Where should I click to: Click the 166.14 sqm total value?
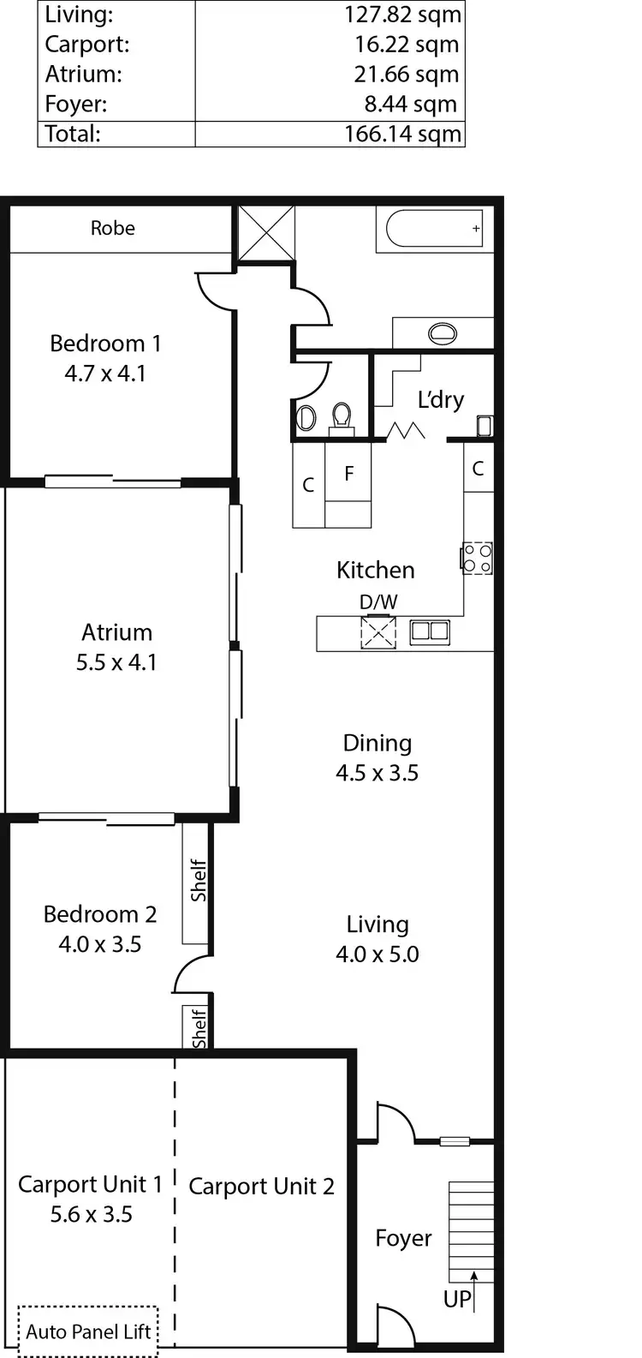tap(402, 135)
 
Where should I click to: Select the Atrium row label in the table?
tap(83, 75)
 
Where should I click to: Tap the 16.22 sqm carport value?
tap(407, 45)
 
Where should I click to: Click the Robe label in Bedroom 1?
tap(113, 228)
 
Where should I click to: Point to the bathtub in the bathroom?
tap(435, 229)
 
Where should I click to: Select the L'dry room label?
tap(441, 400)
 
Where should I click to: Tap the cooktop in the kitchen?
tap(478, 558)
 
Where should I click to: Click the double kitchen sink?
tap(430, 632)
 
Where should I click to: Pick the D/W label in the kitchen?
tap(378, 602)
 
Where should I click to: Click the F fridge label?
tap(349, 473)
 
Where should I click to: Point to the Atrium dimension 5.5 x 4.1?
tap(116, 662)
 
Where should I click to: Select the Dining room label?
tap(377, 743)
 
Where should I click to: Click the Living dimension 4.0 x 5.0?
tap(377, 954)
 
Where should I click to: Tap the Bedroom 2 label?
tap(100, 914)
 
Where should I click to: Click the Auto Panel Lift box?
tap(88, 1331)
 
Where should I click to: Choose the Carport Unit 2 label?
tap(261, 1187)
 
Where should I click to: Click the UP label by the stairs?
tap(457, 1299)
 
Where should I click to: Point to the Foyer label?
tap(403, 1238)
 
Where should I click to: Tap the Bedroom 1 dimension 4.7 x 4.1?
tap(105, 374)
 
